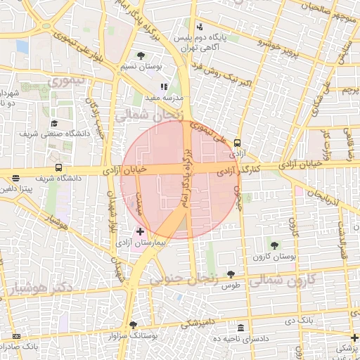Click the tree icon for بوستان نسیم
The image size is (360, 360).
(x=141, y=56)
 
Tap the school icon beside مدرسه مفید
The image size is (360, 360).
(x=164, y=87)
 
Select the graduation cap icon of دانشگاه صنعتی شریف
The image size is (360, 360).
(x=53, y=123)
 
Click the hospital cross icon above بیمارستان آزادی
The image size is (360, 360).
(x=140, y=231)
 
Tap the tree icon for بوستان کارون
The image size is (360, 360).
(x=274, y=245)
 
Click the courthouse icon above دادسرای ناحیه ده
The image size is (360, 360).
(x=241, y=328)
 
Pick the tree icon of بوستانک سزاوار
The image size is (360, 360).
(x=134, y=325)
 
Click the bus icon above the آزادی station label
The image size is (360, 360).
(x=237, y=142)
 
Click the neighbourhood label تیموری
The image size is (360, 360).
(x=65, y=81)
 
